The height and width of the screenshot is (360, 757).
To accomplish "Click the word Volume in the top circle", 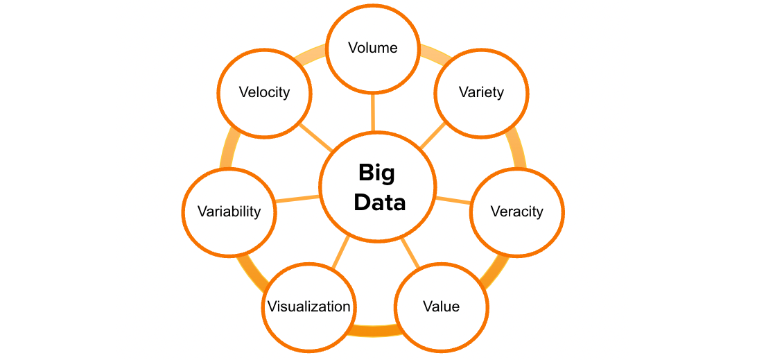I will point(373,48).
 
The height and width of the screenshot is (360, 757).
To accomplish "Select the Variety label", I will point(481,92).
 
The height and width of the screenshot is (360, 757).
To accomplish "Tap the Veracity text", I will point(516,212).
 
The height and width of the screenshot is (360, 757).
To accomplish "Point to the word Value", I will point(442,306).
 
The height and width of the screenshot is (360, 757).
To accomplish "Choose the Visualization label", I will point(309,307).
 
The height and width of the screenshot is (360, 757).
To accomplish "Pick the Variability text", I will point(229,212).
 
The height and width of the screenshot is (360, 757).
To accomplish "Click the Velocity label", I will point(264,92).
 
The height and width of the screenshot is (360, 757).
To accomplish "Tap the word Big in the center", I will point(377,172).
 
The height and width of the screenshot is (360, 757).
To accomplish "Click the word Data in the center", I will point(379,203).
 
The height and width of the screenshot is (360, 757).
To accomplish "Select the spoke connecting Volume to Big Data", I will point(374,112).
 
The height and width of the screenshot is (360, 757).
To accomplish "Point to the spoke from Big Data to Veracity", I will point(453,200).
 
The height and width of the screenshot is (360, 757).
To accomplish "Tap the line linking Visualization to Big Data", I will point(340,254).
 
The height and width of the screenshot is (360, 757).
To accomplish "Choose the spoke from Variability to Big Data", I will point(298,199).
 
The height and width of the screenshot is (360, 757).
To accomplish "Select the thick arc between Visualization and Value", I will point(374,331).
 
